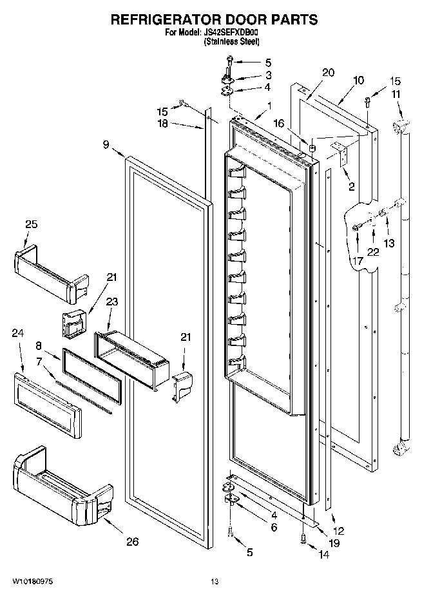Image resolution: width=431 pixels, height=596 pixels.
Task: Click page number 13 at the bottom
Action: point(215,582)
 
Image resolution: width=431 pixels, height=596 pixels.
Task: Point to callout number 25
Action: point(32,225)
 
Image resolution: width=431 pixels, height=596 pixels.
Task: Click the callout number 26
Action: point(132,541)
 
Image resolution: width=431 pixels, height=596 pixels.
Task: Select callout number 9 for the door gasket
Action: point(106,146)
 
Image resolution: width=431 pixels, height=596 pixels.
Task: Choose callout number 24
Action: point(19,333)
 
